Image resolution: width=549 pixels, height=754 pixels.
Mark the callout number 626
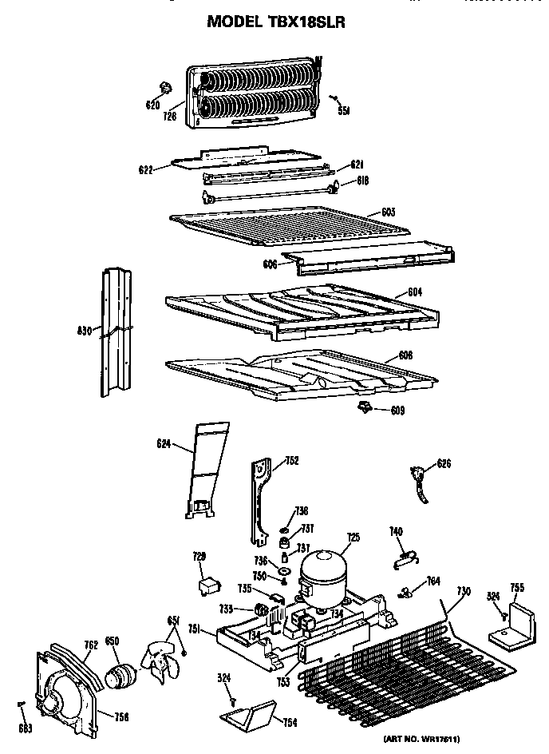(x=444, y=462)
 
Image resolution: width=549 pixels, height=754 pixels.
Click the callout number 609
(x=397, y=411)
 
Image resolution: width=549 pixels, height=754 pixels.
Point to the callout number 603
(x=389, y=212)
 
